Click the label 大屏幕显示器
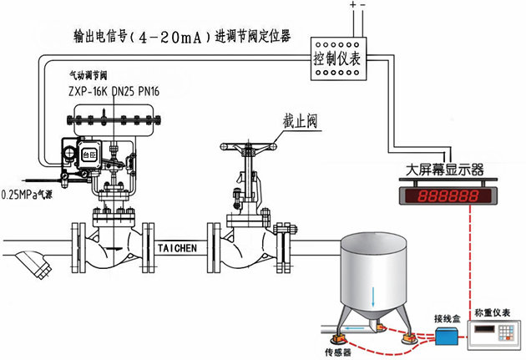(443, 170)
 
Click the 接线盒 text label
(447, 317)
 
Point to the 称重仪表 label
(493, 312)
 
